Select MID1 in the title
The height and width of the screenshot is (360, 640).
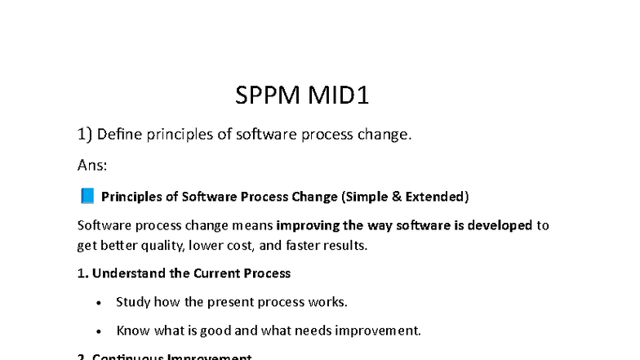coord(338,96)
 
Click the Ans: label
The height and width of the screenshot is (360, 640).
coord(92,166)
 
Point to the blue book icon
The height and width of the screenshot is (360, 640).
coord(87,196)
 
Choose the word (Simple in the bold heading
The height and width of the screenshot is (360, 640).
coord(367,196)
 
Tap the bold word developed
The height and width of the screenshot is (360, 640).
coord(499,224)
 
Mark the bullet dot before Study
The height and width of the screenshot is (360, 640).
coord(99,302)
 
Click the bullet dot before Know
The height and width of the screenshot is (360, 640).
coord(99,331)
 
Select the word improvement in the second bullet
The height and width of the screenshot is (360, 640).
coord(382,331)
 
